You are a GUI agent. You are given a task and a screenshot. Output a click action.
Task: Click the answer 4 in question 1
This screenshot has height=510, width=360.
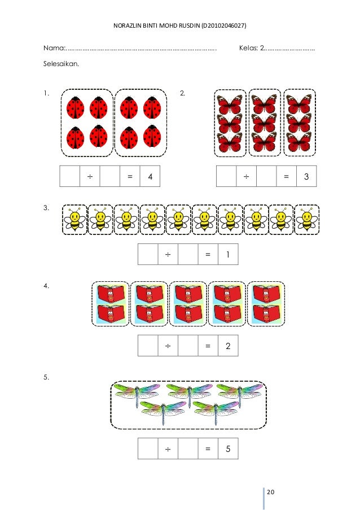pos(150,177)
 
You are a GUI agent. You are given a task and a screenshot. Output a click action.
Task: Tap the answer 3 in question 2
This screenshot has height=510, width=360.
pos(306,177)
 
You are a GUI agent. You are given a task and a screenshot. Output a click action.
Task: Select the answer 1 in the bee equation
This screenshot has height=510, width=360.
pos(227,255)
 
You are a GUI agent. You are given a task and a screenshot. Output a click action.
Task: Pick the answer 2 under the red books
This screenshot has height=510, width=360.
pos(227,346)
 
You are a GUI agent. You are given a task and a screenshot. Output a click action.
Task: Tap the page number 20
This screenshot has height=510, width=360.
pos(271,492)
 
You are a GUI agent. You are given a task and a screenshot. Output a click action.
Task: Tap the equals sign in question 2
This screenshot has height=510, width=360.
pos(286,177)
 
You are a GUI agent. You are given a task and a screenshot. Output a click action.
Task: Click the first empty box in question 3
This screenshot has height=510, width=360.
pos(148,255)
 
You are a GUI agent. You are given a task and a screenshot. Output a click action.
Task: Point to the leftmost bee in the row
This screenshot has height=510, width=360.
pos(74,219)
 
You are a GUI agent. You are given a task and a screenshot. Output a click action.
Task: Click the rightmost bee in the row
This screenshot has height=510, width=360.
pos(307,219)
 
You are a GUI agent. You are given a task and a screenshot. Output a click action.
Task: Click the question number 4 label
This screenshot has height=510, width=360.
pos(46,286)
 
